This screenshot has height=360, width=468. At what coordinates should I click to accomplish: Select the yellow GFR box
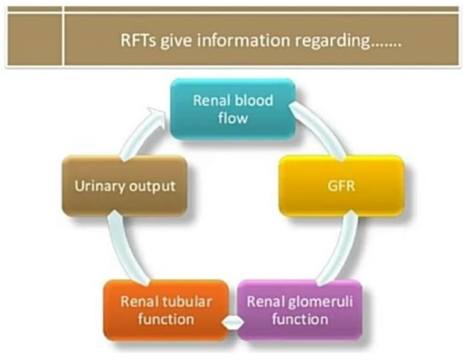pyautogui.click(x=341, y=187)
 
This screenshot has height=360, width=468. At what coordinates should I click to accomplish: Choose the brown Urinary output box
pyautogui.click(x=124, y=187)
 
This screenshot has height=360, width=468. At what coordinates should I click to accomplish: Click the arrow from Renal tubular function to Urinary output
pyautogui.click(x=120, y=248)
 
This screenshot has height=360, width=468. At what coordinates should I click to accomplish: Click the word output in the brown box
pyautogui.click(x=148, y=187)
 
